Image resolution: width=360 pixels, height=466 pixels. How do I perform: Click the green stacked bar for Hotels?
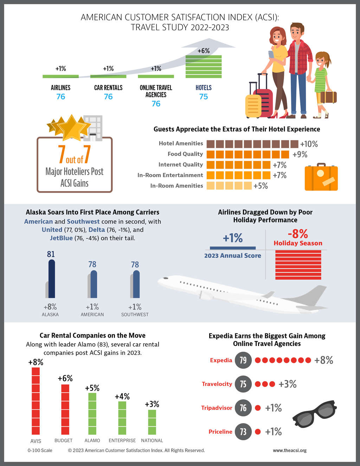point(204,66)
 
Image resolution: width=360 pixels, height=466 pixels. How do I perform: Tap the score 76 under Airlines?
point(60,97)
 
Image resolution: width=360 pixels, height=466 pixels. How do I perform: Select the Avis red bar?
point(36,401)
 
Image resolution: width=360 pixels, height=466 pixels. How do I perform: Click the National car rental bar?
point(152,422)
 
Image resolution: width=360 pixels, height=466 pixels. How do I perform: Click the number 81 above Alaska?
point(51,254)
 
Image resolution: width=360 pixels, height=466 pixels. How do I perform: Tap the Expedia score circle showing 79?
point(243,360)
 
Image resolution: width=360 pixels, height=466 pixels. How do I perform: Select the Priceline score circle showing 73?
point(243,432)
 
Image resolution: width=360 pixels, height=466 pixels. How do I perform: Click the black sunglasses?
point(314,414)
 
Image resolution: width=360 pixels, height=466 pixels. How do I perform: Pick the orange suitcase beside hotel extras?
point(321,177)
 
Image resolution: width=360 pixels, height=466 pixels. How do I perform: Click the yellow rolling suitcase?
point(253,106)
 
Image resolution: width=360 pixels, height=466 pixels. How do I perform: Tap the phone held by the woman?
point(271,55)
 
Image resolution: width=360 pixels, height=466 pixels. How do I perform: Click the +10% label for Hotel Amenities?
point(309,144)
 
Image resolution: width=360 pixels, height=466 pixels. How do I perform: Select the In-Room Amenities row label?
point(176,186)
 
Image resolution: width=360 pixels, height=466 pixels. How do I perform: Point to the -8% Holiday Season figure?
point(298,234)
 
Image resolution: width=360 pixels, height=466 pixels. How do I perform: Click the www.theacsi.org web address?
point(290,450)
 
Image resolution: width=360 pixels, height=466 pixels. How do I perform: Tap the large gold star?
point(72,127)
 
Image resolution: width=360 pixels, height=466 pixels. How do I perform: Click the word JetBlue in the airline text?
point(61,238)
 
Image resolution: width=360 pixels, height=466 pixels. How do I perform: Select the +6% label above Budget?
point(65,378)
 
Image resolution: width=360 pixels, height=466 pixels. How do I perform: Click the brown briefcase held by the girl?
point(328,97)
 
